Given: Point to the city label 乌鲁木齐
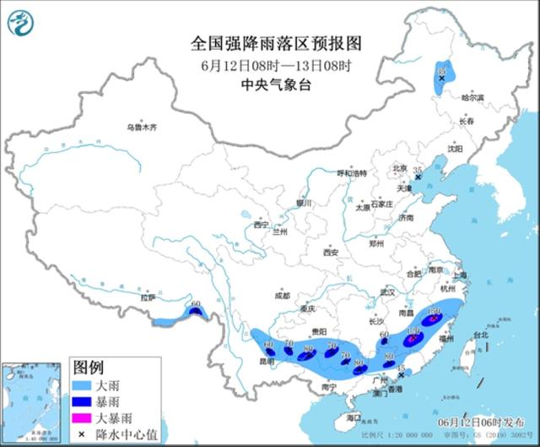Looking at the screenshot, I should (x=142, y=127).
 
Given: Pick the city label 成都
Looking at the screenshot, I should (x=281, y=296).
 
